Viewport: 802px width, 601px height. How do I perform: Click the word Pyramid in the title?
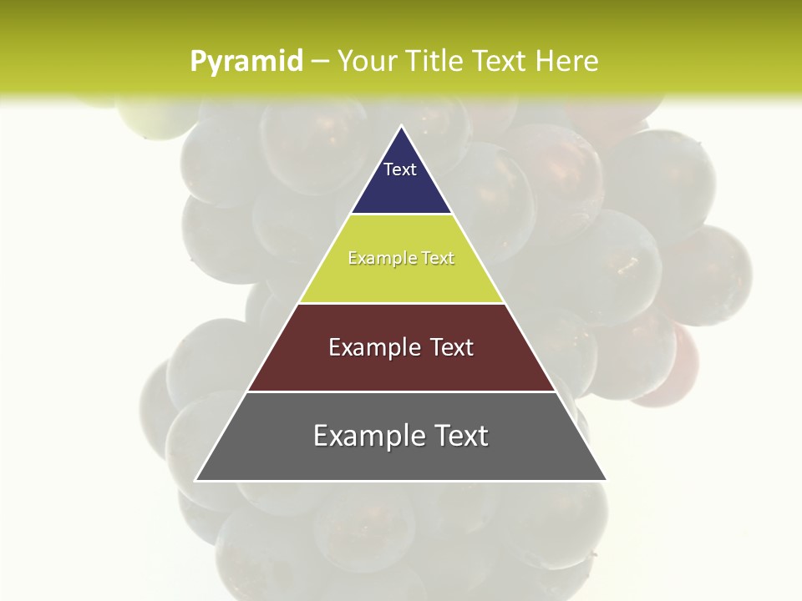246,62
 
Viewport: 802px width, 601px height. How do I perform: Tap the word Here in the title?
567,61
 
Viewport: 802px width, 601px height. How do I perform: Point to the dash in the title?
320,62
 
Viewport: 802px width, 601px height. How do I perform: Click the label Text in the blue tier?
400,169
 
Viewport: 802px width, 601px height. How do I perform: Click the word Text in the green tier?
437,259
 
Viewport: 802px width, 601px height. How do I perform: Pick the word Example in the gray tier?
365,436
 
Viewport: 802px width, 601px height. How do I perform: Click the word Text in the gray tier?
459,436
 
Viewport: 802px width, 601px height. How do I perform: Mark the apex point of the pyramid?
401,126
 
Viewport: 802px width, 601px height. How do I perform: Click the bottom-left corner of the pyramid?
195,480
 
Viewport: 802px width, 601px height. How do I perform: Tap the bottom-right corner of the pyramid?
606,480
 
